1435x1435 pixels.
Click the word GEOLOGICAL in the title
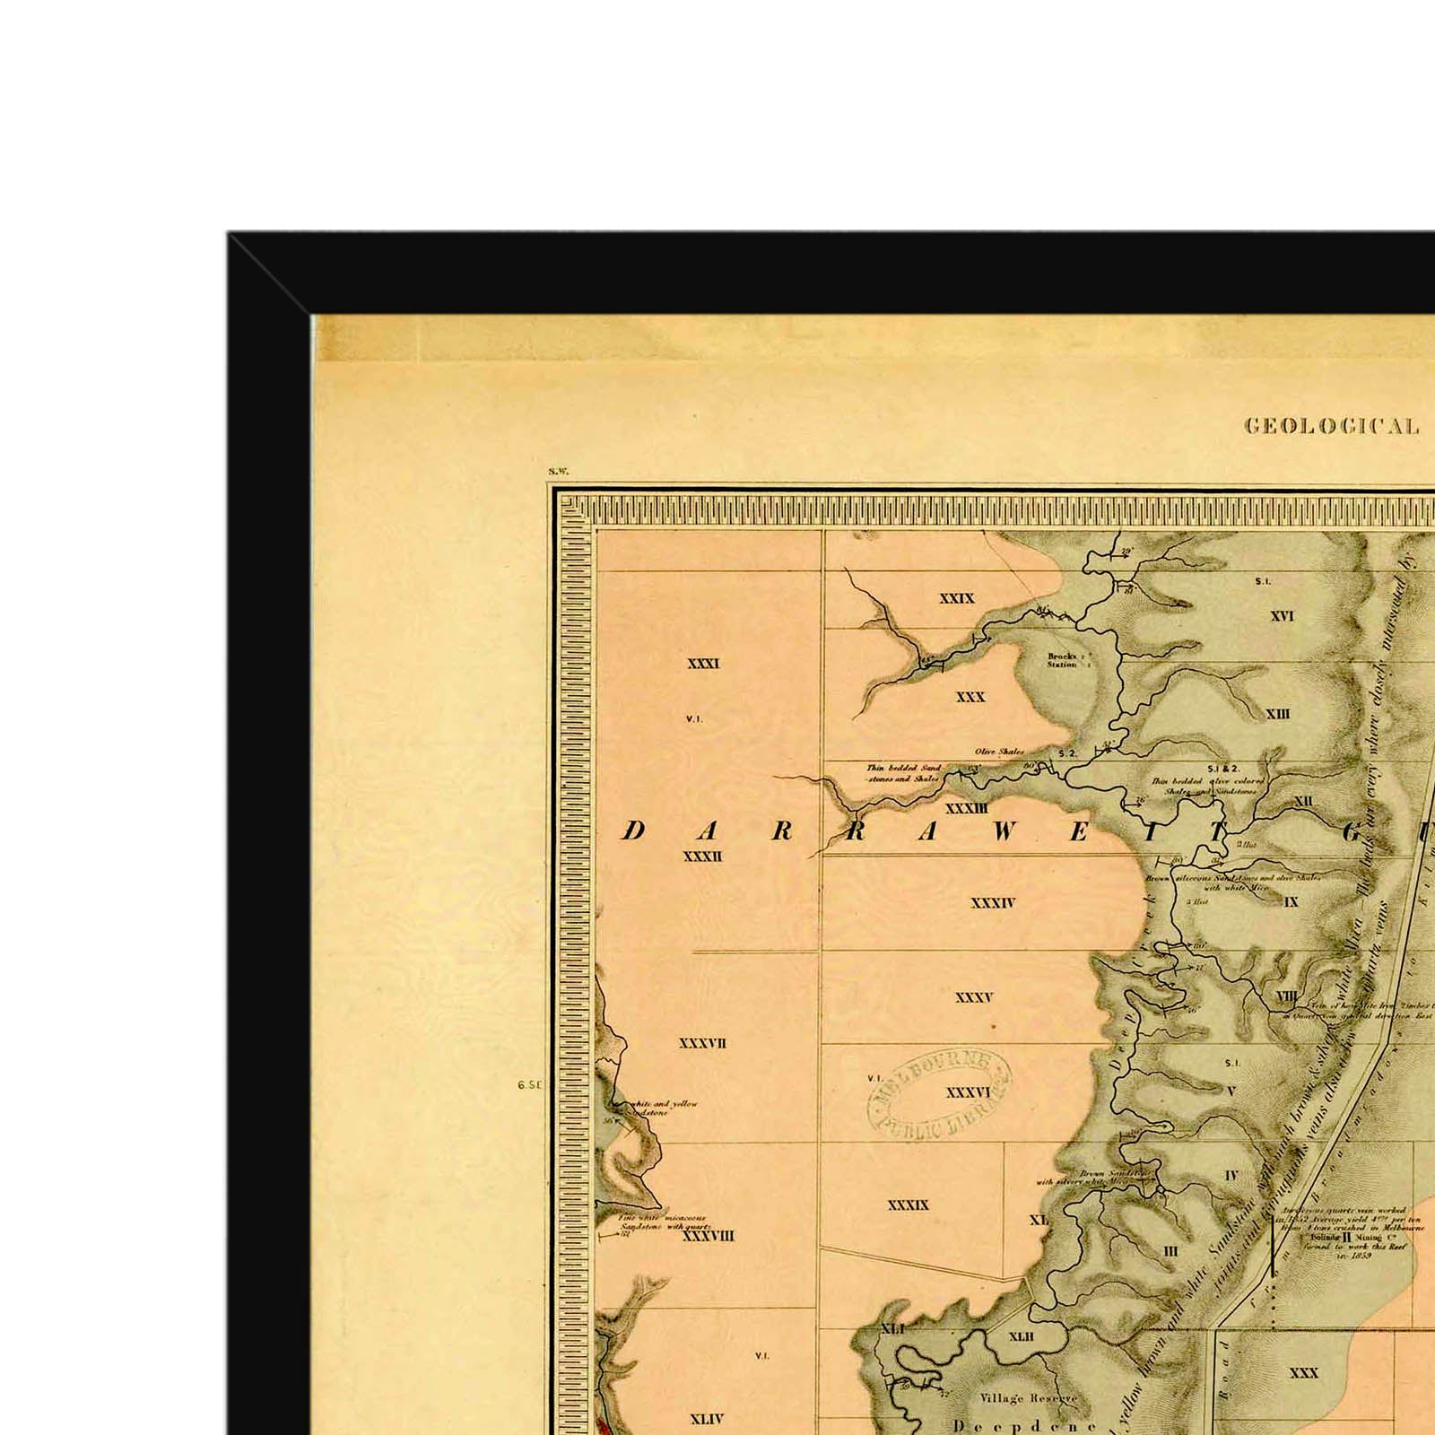(1331, 427)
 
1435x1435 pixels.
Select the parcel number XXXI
(703, 664)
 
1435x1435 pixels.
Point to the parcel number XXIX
(956, 598)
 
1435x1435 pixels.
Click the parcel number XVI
(1282, 616)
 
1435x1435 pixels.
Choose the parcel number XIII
(1277, 714)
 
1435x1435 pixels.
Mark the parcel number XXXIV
(992, 903)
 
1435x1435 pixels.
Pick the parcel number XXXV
(974, 997)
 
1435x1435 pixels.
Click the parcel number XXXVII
(702, 1043)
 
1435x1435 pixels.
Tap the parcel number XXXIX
(908, 1205)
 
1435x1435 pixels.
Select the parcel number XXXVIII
(708, 1236)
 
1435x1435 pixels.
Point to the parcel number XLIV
(707, 1419)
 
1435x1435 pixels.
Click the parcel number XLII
(1021, 1336)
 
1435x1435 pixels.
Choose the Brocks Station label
(1062, 660)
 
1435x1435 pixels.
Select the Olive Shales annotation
(999, 752)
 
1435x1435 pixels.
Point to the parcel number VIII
(1286, 996)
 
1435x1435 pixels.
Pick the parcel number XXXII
(703, 857)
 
